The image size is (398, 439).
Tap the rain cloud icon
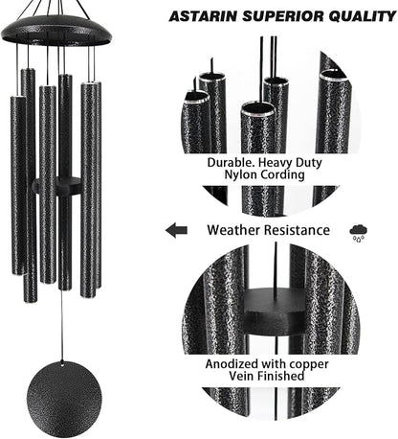(360, 231)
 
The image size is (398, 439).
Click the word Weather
(235, 230)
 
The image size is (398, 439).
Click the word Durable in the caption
(233, 163)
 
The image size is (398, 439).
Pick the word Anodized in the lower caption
(240, 364)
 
